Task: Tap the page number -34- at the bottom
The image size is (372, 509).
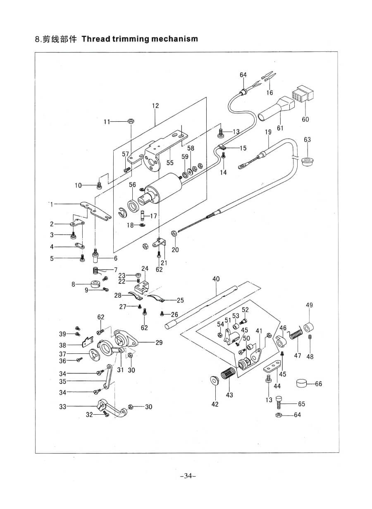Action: click(188, 476)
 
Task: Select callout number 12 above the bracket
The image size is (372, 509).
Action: click(155, 106)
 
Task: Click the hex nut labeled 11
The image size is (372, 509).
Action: click(130, 121)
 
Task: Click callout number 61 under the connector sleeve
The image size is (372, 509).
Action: click(280, 128)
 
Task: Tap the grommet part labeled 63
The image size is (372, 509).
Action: click(307, 160)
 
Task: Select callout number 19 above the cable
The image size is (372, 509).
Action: click(268, 132)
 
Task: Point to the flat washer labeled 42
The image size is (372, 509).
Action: click(215, 379)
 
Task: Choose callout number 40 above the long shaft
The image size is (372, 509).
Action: click(216, 279)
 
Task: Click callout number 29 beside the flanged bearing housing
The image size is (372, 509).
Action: click(159, 343)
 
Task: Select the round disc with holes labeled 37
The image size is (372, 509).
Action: click(95, 354)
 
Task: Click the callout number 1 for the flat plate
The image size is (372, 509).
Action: click(52, 204)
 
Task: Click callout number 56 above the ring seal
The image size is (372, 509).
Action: click(133, 185)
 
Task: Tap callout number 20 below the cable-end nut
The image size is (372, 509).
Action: click(175, 250)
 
